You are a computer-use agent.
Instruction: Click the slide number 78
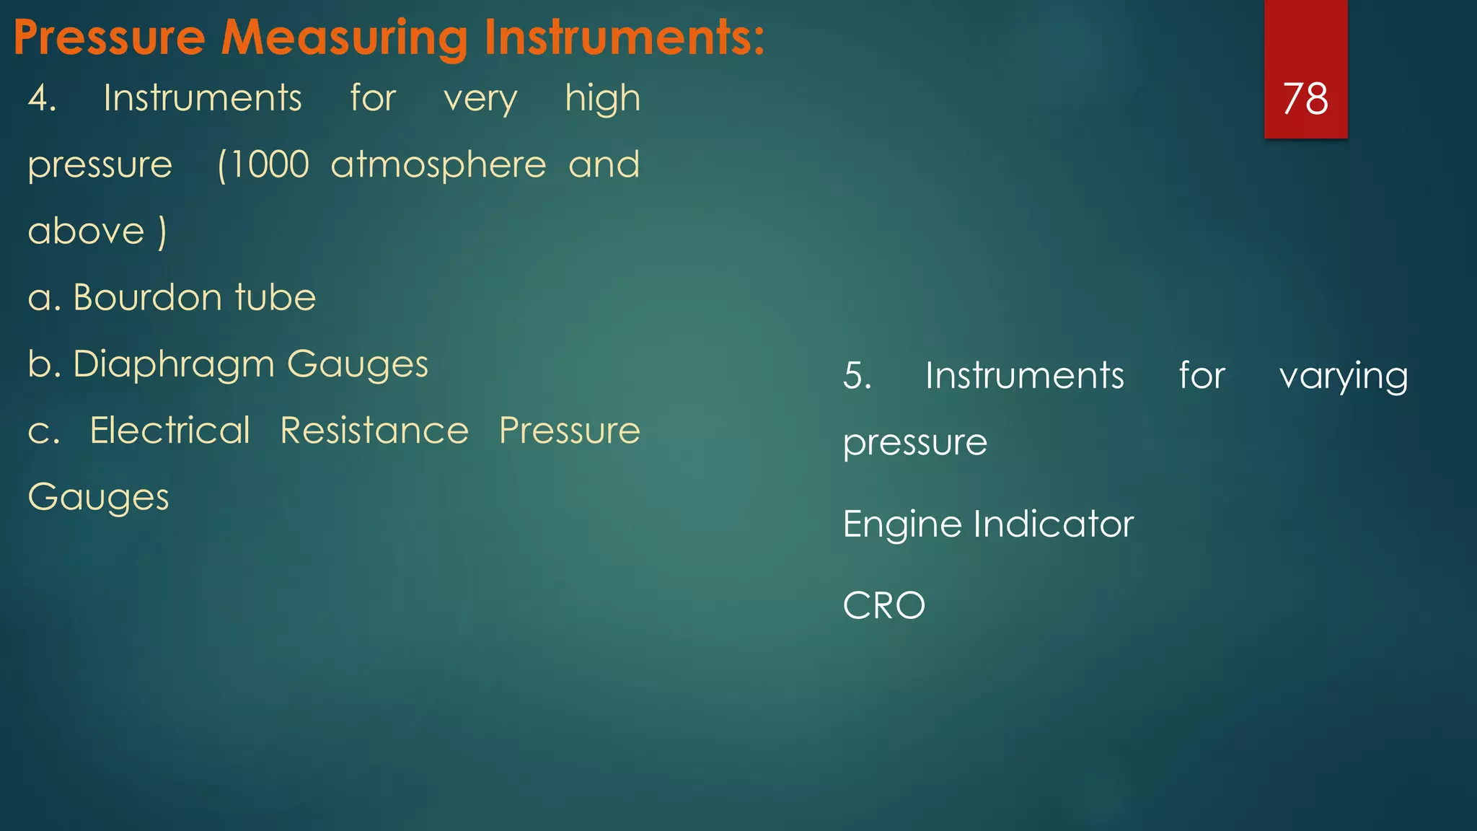coord(1305,98)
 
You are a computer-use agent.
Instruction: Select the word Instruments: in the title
coord(624,38)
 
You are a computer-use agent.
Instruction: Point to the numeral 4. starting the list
coord(42,98)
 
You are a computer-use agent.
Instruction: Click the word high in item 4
coord(602,99)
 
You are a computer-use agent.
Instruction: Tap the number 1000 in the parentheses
coord(270,164)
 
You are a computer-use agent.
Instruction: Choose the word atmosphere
coord(438,165)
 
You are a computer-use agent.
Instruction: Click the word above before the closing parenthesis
coord(87,232)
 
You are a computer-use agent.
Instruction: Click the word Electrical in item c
coord(170,431)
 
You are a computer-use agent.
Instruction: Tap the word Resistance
coord(374,431)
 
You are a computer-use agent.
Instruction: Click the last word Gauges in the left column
coord(99,498)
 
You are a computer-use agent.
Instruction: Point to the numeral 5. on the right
coord(857,376)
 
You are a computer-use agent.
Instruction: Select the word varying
coord(1343,377)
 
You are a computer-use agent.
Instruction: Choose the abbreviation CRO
coord(883,605)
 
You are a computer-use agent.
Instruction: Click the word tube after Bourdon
coord(275,298)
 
